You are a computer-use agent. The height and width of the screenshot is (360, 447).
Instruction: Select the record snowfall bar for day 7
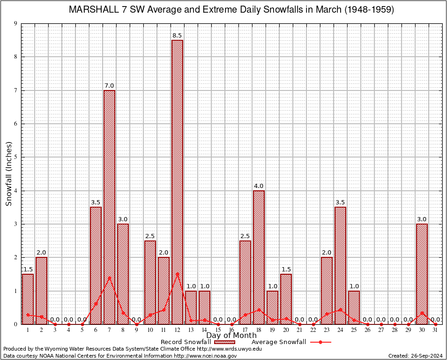[109, 207]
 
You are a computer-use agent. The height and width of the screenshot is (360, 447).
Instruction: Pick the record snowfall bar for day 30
[422, 274]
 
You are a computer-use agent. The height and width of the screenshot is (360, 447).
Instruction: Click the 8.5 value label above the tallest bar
[177, 36]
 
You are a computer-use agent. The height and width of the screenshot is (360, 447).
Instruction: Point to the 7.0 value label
[109, 86]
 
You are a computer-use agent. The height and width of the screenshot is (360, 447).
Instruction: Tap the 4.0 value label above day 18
[259, 186]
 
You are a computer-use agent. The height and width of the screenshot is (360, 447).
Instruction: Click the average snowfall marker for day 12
[177, 273]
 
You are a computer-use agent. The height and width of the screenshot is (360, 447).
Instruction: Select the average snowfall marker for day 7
[109, 277]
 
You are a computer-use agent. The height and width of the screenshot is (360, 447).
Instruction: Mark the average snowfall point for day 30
[422, 313]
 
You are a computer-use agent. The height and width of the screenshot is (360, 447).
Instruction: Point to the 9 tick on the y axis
[15, 23]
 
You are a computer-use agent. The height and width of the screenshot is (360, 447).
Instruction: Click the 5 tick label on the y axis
[15, 157]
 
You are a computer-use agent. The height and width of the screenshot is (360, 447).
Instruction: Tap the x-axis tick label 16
[231, 330]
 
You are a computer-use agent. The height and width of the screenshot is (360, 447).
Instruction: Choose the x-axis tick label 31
[435, 330]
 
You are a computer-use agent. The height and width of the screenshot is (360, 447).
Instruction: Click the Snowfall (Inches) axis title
[8, 173]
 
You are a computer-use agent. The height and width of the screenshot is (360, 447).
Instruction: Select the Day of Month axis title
[231, 336]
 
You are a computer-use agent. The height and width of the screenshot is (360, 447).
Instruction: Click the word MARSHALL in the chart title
[92, 9]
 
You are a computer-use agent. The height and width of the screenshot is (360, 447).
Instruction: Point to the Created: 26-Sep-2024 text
[415, 356]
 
